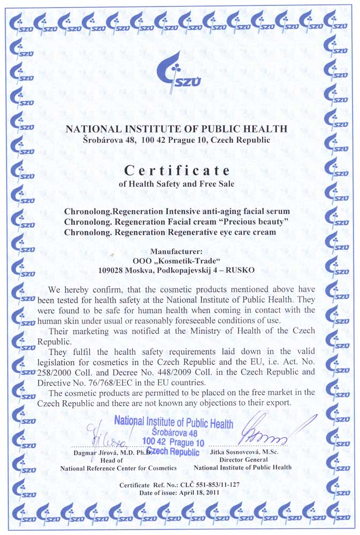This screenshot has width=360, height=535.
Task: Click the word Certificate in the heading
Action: [177, 170]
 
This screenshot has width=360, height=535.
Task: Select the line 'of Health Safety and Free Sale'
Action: [177, 184]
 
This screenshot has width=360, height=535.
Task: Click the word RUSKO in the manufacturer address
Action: [241, 270]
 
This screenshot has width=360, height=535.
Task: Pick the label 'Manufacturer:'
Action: [176, 251]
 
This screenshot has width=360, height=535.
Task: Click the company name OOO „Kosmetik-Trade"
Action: [176, 261]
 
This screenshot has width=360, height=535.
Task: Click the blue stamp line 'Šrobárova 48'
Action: [174, 432]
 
